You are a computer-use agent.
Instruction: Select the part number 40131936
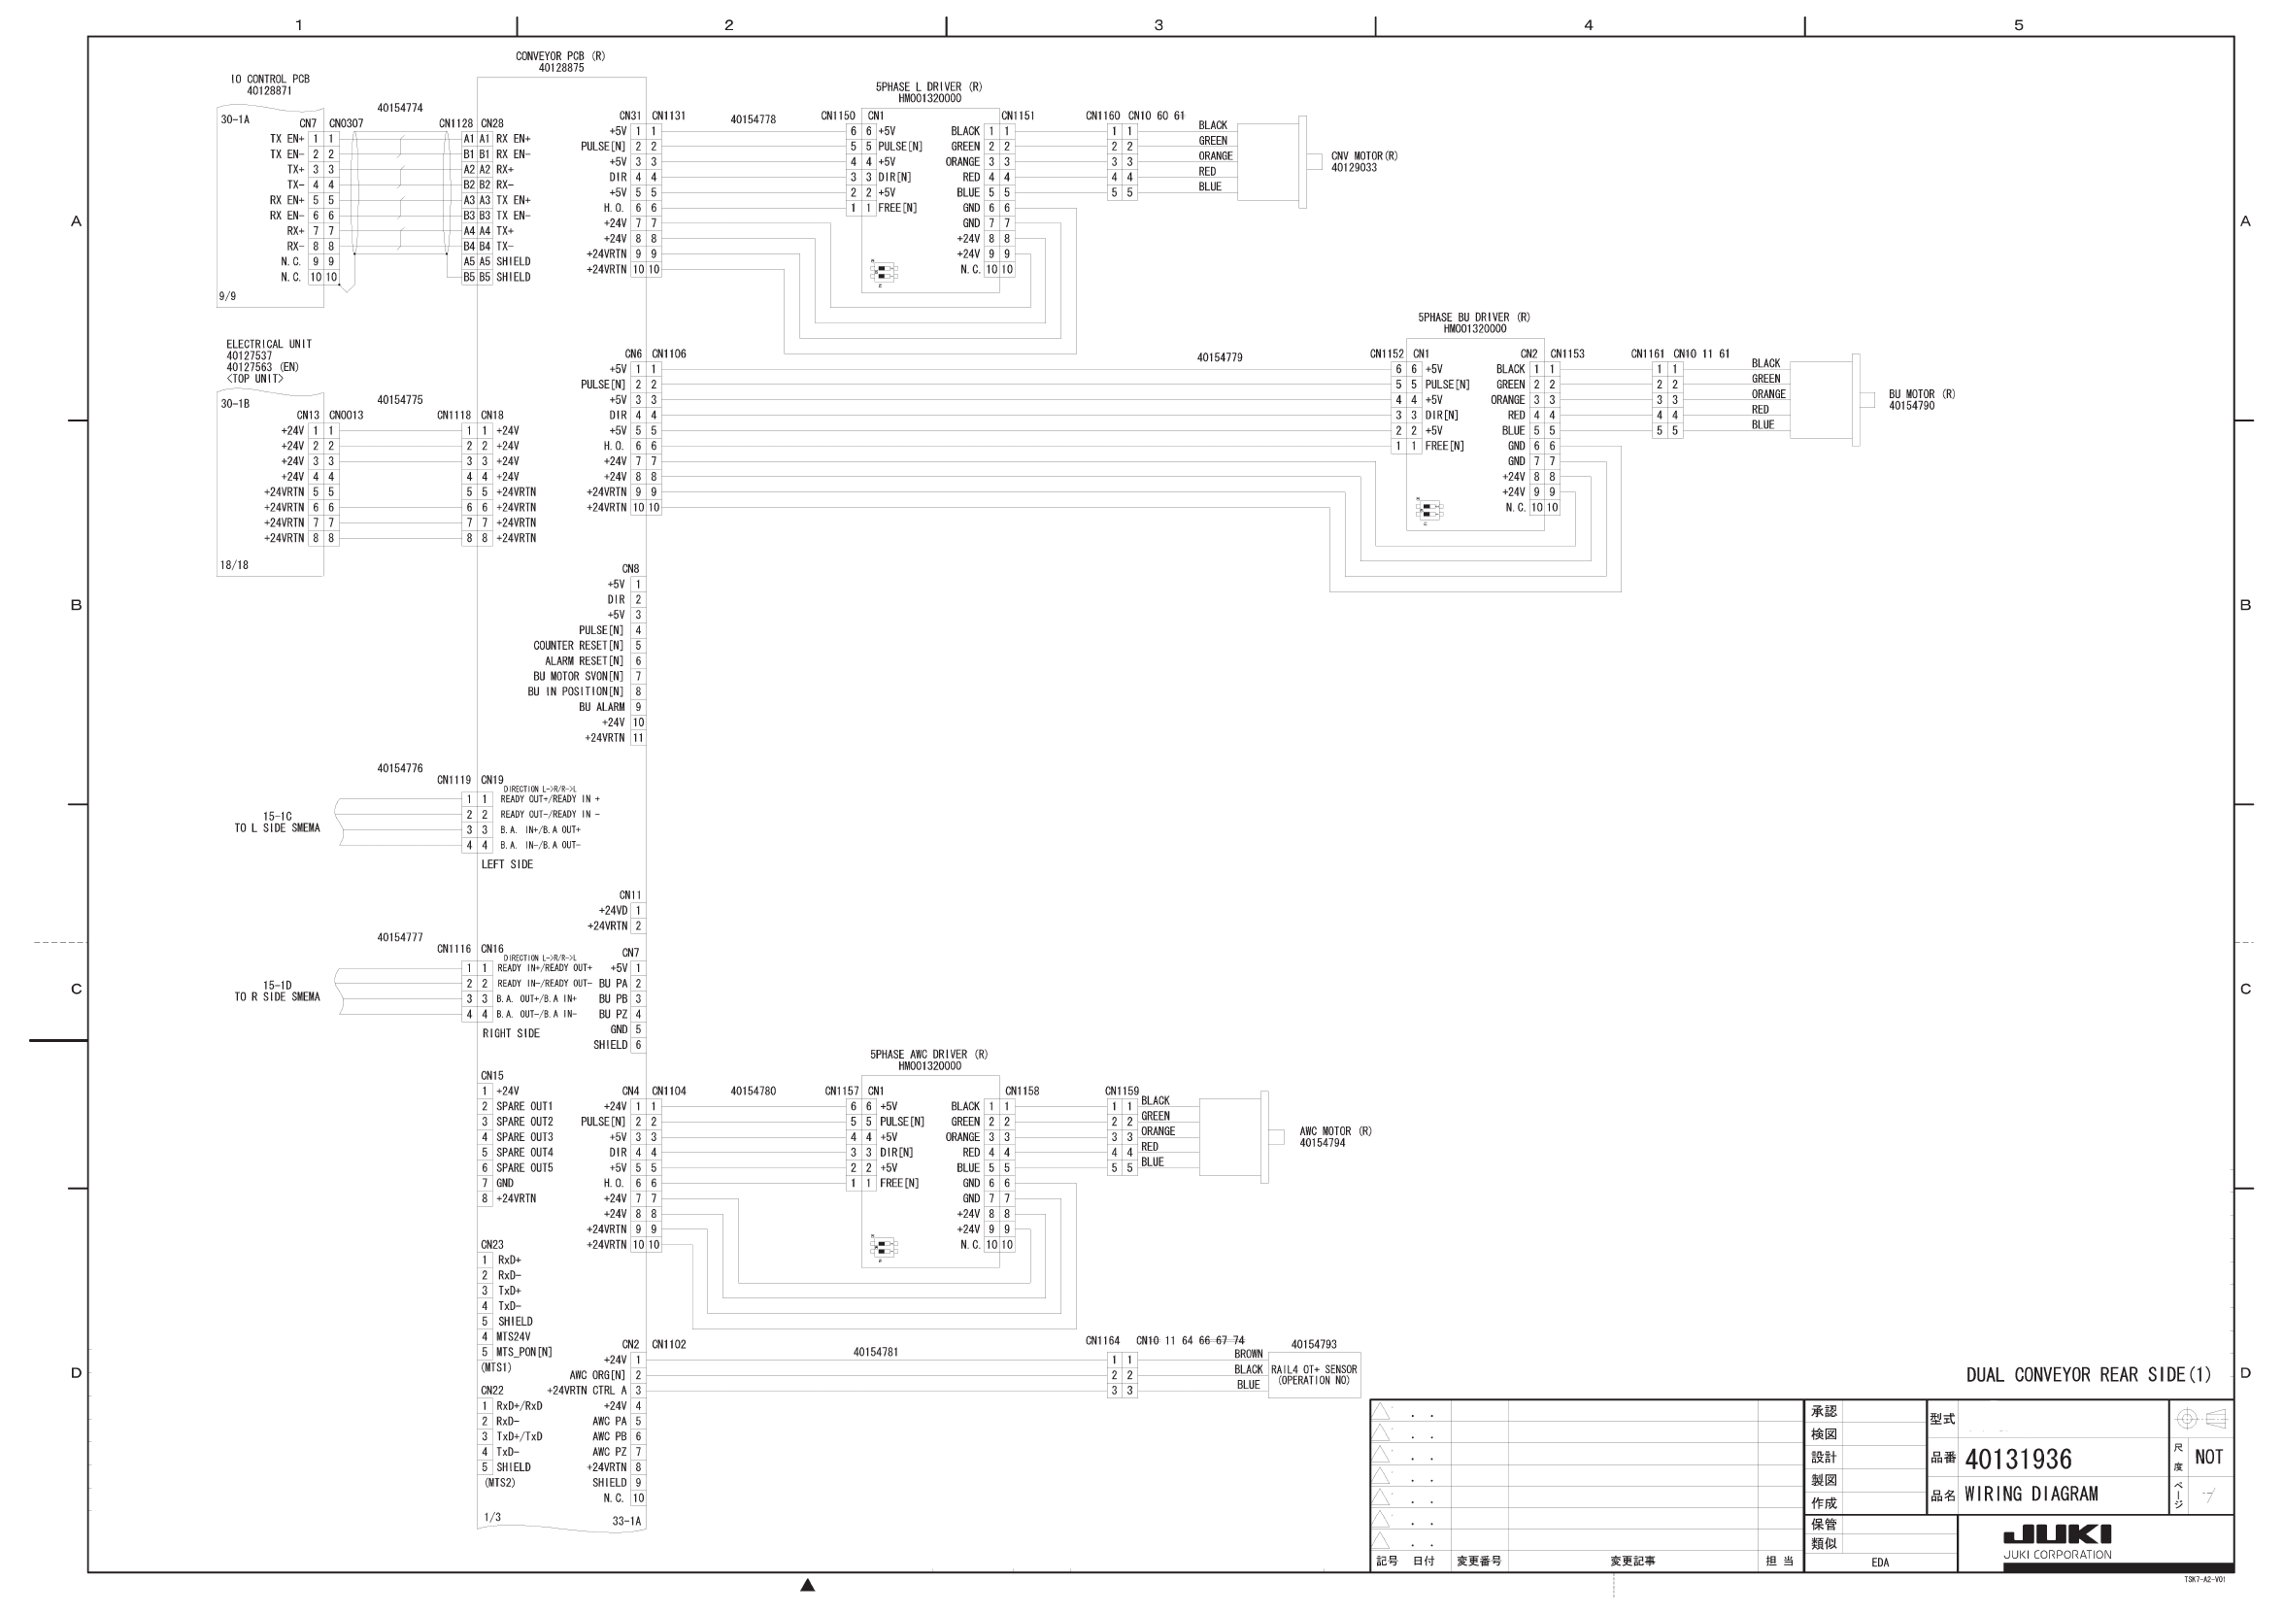click(2018, 1459)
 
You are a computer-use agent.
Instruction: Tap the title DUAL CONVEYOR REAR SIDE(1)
click(2088, 1374)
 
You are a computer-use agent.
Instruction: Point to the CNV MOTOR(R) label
click(1364, 156)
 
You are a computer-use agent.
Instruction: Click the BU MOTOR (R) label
click(1921, 394)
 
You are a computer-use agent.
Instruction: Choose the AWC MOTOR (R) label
click(1334, 1130)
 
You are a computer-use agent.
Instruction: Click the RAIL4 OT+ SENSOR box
click(1314, 1374)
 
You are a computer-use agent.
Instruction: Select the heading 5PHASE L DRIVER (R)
click(927, 87)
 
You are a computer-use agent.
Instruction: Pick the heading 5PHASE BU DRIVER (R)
click(1474, 318)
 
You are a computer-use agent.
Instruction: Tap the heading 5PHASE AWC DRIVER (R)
click(927, 1054)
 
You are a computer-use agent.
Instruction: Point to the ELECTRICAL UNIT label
click(268, 344)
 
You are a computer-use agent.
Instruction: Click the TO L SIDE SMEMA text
click(278, 827)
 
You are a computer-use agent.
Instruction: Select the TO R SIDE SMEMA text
click(278, 996)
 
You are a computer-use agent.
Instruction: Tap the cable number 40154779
click(1219, 357)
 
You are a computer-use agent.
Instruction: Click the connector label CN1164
click(1102, 1340)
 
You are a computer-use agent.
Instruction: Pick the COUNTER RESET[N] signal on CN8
click(578, 646)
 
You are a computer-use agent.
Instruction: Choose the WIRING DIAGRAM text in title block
click(2031, 1494)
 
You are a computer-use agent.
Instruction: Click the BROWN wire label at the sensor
click(1248, 1354)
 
